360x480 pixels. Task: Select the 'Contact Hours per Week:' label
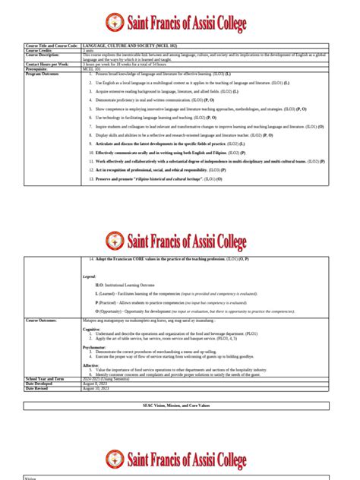click(x=51, y=65)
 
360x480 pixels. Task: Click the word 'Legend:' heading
click(x=90, y=276)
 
